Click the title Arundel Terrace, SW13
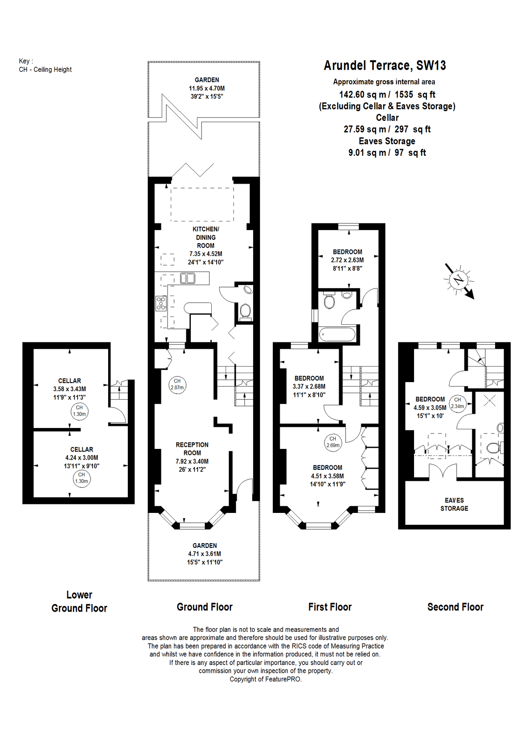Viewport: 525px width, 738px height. [385, 66]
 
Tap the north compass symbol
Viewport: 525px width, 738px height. [459, 280]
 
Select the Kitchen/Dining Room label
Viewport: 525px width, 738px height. [206, 237]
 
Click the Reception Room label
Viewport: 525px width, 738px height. [192, 449]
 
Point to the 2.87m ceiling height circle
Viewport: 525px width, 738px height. [177, 384]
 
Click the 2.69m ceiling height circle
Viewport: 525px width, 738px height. [333, 442]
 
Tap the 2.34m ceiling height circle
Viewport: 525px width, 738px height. [457, 403]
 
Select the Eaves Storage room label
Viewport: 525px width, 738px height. [454, 504]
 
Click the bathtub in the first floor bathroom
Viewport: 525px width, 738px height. [337, 334]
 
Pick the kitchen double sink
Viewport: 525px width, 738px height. [188, 278]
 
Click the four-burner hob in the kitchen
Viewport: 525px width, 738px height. [161, 303]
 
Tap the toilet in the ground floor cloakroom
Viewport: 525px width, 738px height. [245, 310]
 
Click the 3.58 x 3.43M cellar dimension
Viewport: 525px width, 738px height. [70, 389]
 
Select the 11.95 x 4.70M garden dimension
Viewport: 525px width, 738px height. [206, 88]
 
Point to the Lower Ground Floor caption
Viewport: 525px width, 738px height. [79, 601]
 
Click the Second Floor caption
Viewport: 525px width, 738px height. [455, 607]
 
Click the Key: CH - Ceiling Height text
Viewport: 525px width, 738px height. [45, 66]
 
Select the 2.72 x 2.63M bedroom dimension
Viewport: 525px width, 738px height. [347, 260]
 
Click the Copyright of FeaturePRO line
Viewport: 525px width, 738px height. [265, 679]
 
